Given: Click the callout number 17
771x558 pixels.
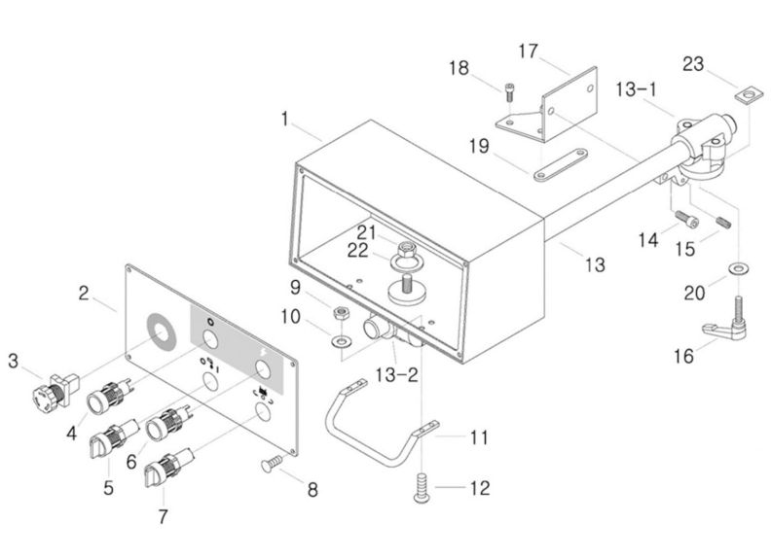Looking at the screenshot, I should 528,50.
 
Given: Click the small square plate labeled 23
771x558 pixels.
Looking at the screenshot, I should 745,94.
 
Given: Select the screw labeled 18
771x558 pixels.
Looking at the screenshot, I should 510,93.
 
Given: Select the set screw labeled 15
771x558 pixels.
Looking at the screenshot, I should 723,223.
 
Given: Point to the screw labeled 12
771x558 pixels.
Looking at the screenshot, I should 422,487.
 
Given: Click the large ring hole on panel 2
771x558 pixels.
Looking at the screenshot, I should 160,331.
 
